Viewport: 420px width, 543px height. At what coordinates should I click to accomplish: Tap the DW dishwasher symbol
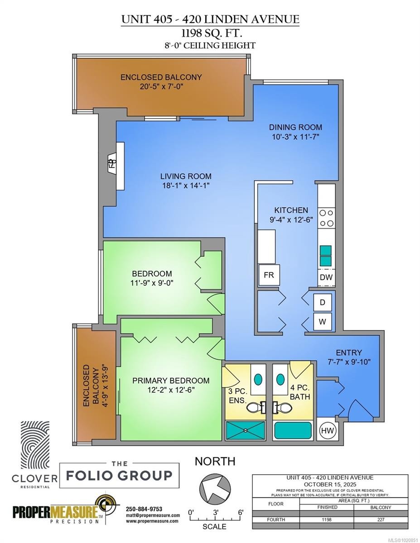[326, 277]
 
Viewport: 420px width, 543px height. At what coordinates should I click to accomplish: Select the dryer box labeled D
[323, 302]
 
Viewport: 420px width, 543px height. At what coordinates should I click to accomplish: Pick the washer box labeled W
[323, 322]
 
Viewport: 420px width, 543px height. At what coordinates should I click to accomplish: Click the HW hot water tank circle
[328, 430]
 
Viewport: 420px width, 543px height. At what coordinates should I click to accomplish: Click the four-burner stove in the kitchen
[327, 217]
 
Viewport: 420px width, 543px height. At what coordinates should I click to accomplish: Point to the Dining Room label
[295, 127]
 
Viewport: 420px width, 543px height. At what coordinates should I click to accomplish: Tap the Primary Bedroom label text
[171, 381]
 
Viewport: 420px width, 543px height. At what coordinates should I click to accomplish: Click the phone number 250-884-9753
[144, 509]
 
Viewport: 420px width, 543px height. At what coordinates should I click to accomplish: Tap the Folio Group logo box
[119, 475]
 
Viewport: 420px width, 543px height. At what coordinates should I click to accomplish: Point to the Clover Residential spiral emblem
[38, 446]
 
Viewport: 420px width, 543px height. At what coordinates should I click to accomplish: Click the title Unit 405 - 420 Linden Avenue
[210, 19]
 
